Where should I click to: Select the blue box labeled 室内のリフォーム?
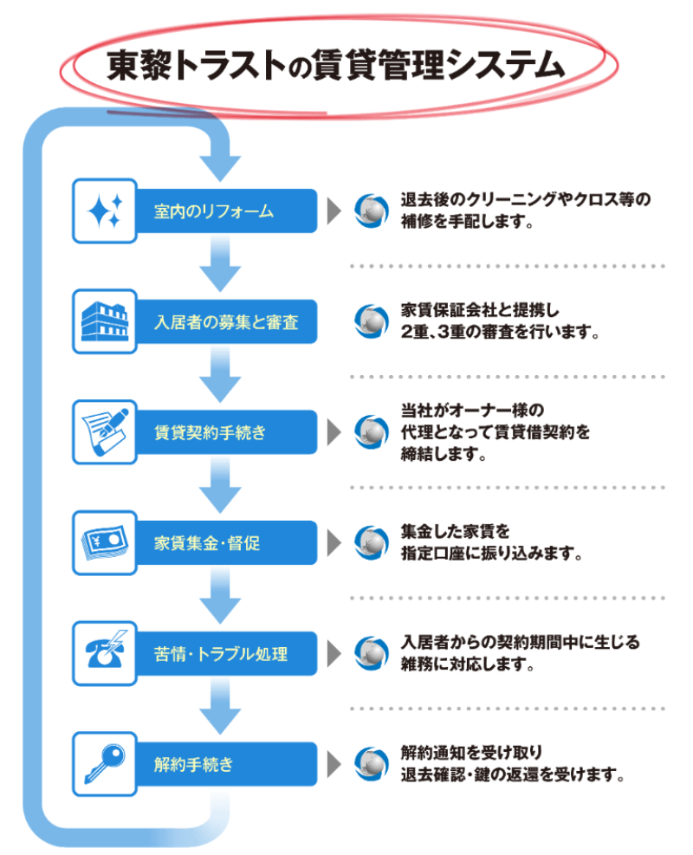[225, 211]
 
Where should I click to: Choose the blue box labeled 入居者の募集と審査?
[225, 322]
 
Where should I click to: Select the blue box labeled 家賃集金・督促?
[225, 544]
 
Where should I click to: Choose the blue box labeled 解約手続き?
[225, 765]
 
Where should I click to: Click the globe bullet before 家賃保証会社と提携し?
[372, 321]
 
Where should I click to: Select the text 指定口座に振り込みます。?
[490, 553]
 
